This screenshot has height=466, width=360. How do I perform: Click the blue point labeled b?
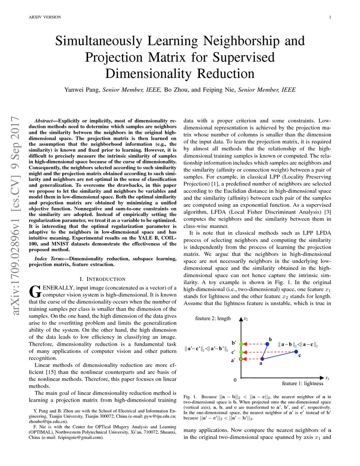point(267,344)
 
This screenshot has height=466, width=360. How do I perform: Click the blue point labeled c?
point(296,352)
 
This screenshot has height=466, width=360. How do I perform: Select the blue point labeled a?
point(262,359)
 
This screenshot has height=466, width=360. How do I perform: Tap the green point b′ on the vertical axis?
point(241,344)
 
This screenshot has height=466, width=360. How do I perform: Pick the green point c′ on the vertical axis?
point(241,352)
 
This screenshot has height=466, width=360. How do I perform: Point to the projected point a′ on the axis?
point(241,359)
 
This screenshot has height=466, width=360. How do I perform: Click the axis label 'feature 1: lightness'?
point(302,383)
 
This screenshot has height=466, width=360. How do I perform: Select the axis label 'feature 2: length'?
point(213,318)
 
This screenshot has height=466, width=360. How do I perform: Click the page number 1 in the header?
point(329,17)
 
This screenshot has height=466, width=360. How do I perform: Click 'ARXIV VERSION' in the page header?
point(44,17)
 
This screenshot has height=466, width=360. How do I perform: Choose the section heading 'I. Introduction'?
point(102,279)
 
